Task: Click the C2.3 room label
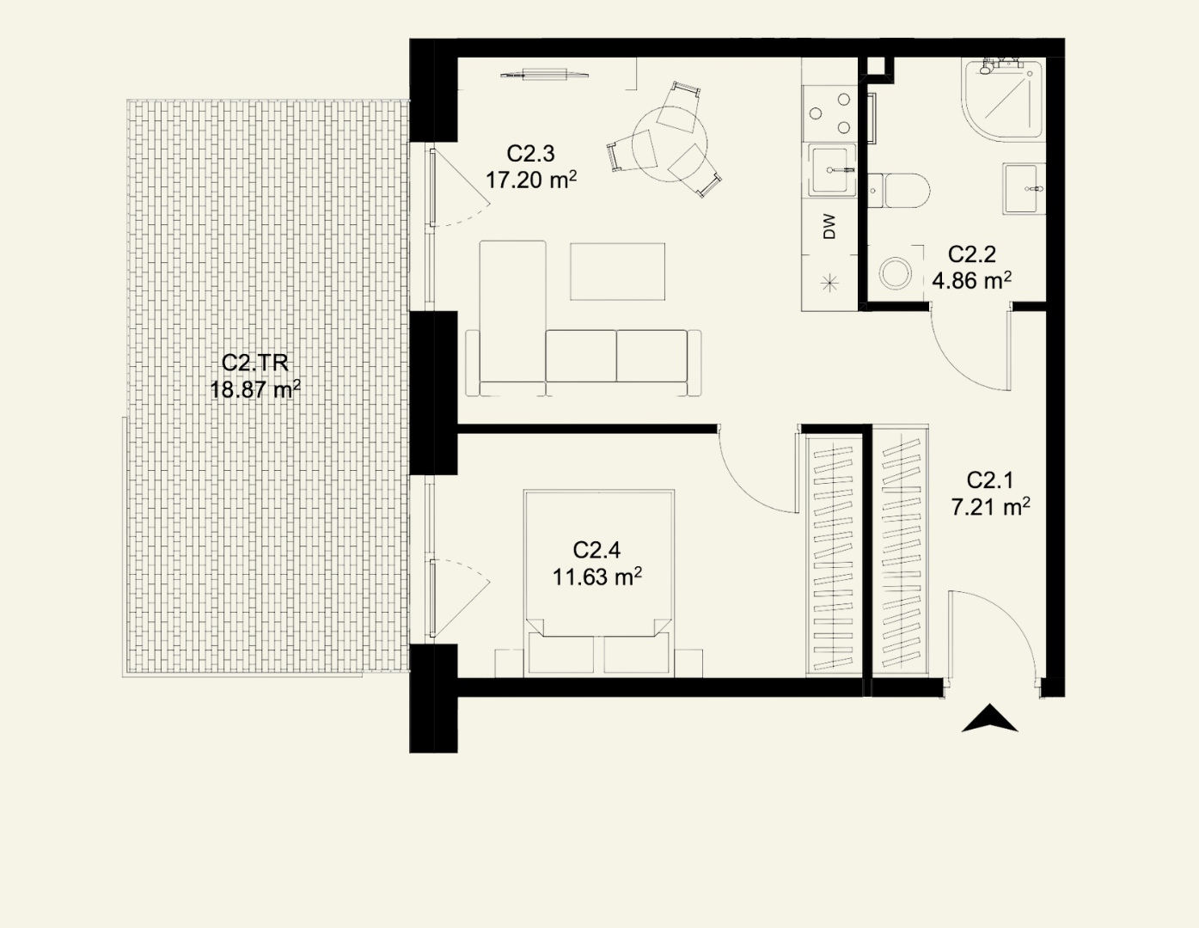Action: pos(530,154)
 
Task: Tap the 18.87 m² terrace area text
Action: pos(255,390)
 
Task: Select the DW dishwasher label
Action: pos(829,227)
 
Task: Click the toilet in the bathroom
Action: pos(898,191)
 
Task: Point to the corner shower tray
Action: pos(1002,101)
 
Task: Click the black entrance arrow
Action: pos(989,718)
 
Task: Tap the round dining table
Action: pos(670,143)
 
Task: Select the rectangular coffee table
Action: pos(617,272)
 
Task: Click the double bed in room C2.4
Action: pos(599,582)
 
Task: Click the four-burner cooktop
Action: pos(830,113)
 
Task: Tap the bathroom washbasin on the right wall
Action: pos(1024,188)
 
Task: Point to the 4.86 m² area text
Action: pos(972,281)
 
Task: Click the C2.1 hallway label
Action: pos(990,481)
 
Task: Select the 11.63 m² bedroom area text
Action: pos(597,577)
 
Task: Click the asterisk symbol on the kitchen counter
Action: pos(829,284)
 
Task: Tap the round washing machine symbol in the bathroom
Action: pos(895,273)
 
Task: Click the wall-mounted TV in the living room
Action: pos(544,74)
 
